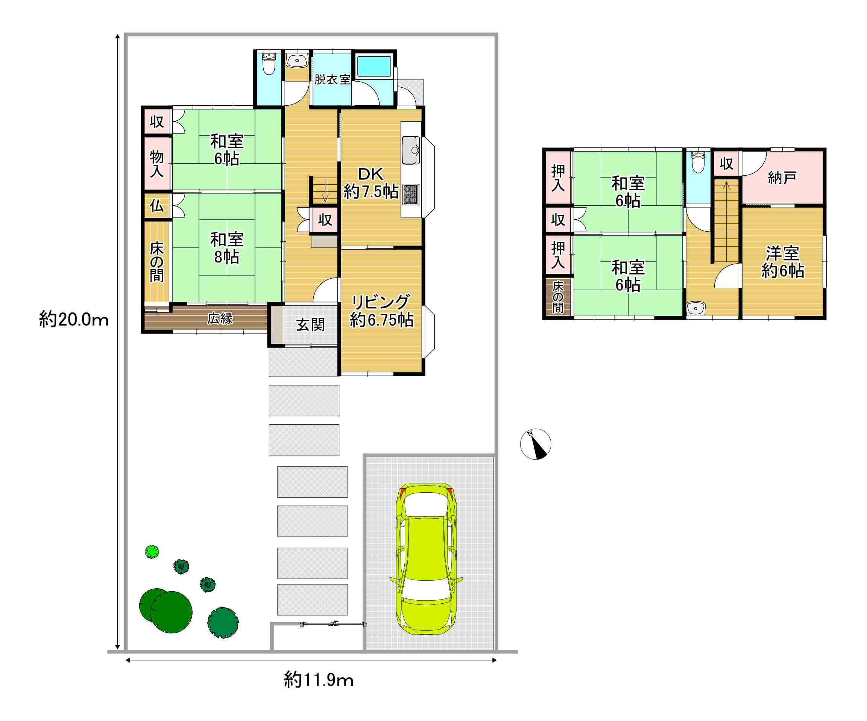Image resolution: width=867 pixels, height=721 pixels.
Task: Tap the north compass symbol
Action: point(535,444)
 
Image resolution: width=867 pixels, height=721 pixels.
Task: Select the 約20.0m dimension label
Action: point(74,319)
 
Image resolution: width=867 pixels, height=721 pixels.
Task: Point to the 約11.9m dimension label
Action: point(318,680)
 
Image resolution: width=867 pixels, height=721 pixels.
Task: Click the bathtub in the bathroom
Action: point(374,67)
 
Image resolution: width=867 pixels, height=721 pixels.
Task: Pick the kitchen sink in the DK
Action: point(410,150)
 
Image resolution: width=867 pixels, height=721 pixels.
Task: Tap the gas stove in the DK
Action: point(411,194)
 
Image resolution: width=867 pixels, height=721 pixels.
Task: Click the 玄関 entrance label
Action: point(310,325)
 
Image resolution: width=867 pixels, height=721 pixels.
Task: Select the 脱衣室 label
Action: point(333,79)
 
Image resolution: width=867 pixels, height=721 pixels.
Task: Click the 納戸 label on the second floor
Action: point(782,178)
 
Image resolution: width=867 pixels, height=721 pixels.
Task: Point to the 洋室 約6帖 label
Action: point(783,262)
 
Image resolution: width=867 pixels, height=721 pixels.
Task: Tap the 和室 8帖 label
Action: point(227,247)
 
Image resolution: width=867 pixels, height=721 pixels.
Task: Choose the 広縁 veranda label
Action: point(220,318)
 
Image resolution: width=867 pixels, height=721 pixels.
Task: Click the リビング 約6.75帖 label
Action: point(381,311)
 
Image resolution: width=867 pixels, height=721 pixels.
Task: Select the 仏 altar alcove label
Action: point(156,205)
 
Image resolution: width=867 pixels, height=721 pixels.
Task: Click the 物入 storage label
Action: point(156,164)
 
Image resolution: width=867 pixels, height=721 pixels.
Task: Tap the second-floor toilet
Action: point(698,162)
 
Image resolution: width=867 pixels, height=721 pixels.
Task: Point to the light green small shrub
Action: point(152,552)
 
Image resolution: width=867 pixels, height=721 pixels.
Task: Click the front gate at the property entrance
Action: point(333,624)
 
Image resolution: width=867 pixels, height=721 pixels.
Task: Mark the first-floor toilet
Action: point(269,64)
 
